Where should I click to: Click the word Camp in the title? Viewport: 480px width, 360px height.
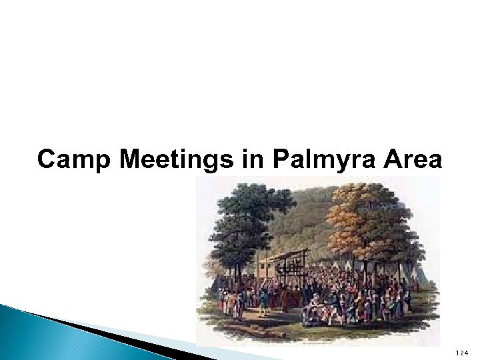[x=66, y=160]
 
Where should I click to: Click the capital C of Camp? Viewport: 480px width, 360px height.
[x=46, y=160]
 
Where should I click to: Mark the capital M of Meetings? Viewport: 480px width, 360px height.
[x=111, y=160]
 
